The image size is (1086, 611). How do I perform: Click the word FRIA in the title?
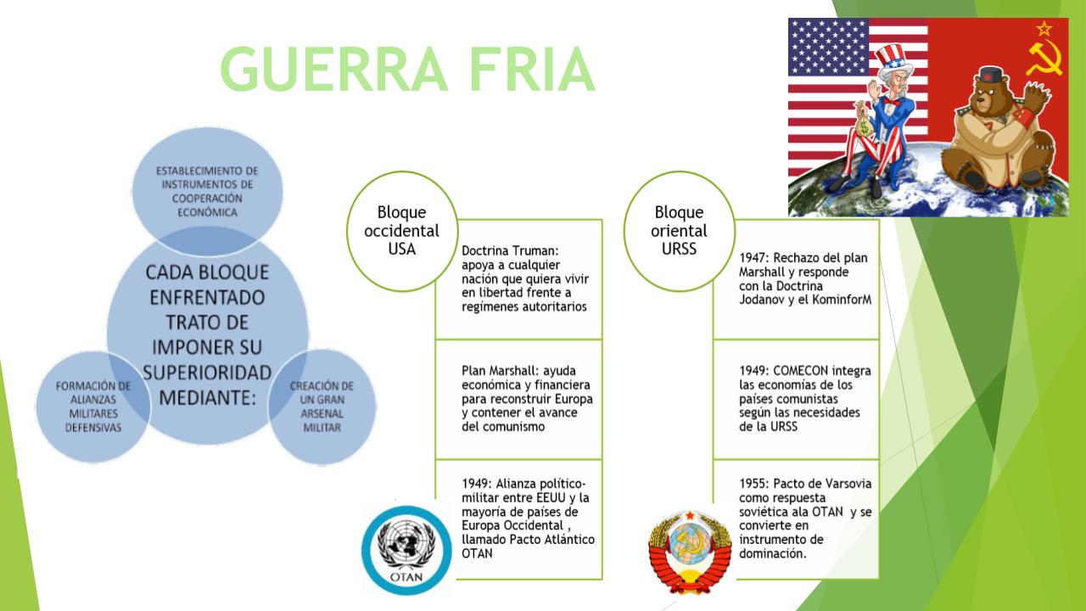point(532,69)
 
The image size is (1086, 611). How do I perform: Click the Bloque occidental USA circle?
point(402,231)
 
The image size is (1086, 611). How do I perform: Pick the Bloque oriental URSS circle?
point(679,231)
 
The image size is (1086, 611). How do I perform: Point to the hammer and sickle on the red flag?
point(1044,57)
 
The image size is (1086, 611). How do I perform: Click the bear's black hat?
point(990,76)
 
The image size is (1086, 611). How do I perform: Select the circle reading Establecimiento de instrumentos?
point(207,191)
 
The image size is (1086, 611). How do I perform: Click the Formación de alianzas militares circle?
point(93,406)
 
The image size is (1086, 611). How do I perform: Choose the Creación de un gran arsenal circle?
point(322,406)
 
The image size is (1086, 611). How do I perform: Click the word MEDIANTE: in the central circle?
point(207,398)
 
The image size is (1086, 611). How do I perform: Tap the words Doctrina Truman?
point(510,250)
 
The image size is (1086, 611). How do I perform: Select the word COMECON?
point(800,371)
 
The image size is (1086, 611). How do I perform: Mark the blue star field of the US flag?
point(828,47)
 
